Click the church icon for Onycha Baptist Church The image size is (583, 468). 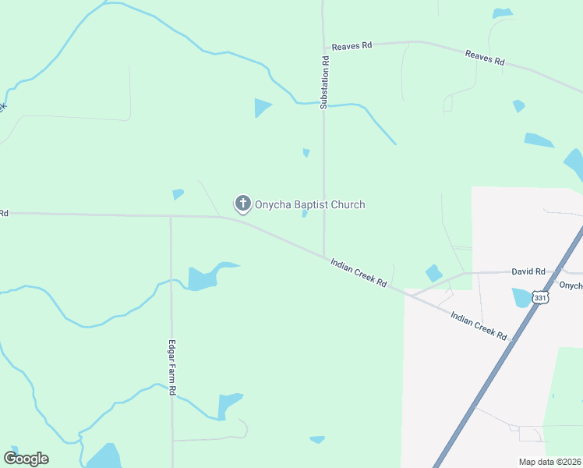point(242,204)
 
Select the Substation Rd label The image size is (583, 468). point(326,82)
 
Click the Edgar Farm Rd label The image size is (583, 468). point(171,367)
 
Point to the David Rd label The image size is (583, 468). point(528,271)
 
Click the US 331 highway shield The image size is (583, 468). point(540,296)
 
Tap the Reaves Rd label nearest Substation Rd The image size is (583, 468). point(351,47)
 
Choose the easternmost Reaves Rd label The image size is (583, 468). point(485,58)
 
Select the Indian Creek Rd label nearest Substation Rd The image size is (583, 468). point(358,273)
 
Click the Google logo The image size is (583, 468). point(26,459)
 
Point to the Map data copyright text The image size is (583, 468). point(550,462)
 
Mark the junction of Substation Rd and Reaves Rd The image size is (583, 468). point(323,44)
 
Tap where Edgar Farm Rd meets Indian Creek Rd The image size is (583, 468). point(171,216)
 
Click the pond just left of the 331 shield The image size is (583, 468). point(521,297)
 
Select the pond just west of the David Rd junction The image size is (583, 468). point(433,273)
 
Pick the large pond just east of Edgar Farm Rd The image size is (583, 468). point(204,277)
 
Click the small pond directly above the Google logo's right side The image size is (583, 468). point(104,456)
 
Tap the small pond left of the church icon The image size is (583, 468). point(178,193)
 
